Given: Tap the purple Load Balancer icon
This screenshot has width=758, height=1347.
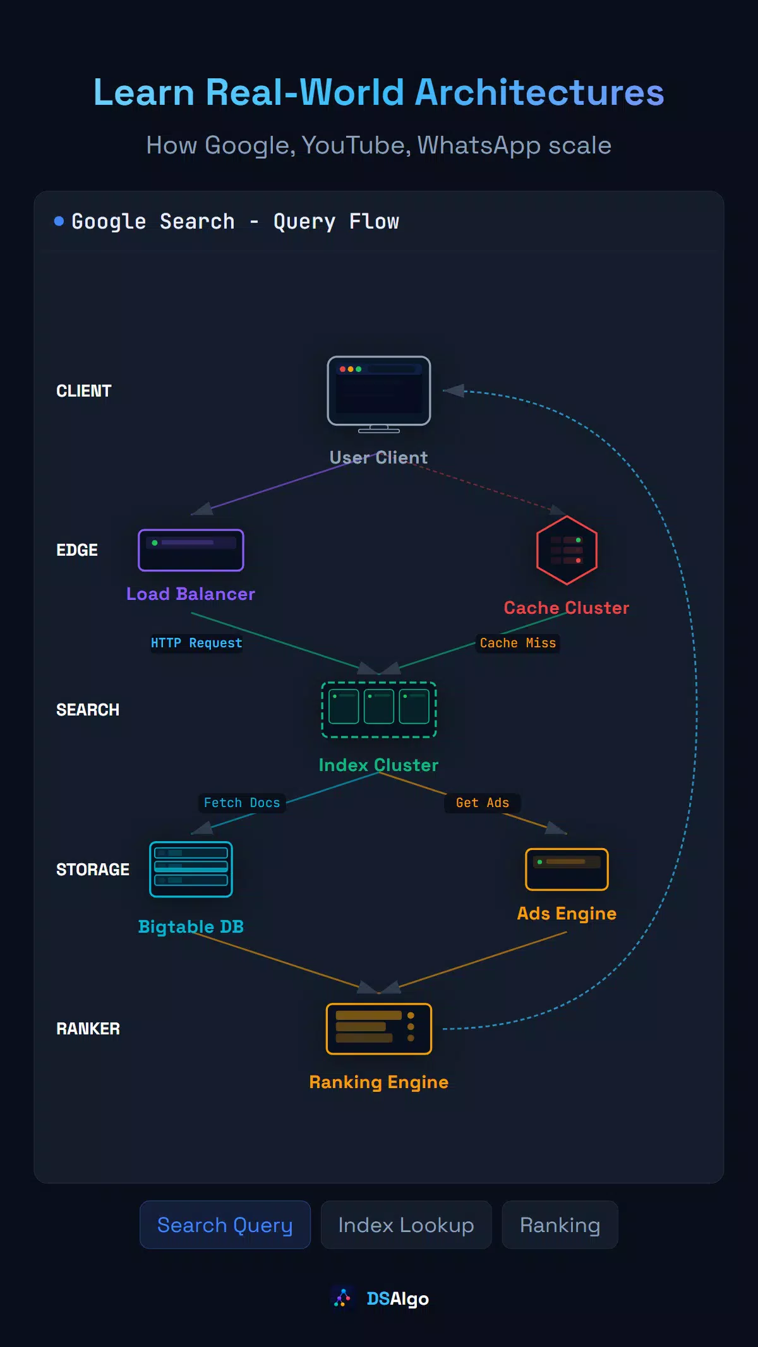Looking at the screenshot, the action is point(191,550).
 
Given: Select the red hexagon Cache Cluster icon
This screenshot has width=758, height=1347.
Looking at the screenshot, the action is point(567,550).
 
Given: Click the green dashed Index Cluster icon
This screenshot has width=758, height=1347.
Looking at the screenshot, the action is point(379,710).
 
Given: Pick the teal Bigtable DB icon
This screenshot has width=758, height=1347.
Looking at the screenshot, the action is point(191,870).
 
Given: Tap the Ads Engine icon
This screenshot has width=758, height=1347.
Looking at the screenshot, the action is point(567,870).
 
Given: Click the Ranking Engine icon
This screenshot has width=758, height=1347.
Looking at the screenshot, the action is point(379,1029).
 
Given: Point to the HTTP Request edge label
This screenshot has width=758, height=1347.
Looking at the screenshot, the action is point(196,643).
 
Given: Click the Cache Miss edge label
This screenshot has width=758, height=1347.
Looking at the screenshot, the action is point(518,643).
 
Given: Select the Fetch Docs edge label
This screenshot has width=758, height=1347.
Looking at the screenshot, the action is point(242,803).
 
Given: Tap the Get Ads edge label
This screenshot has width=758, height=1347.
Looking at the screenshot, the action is point(483,803).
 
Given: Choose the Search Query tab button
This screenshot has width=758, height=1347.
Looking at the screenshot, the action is point(225,1224).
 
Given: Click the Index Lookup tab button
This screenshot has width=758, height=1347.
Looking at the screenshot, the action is point(406,1224).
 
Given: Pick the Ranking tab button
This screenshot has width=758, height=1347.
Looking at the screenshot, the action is point(560,1224).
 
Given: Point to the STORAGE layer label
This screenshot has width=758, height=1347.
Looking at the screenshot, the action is point(93,870).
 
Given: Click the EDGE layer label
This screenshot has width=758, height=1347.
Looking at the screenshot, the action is point(77,550).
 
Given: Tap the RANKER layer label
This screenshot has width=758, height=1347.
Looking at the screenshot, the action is point(88,1029).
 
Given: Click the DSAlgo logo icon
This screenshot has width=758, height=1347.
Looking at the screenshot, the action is point(342,1298).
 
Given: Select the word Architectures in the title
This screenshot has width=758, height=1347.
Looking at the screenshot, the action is point(539,92).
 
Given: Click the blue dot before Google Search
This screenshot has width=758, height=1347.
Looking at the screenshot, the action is point(59,221).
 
